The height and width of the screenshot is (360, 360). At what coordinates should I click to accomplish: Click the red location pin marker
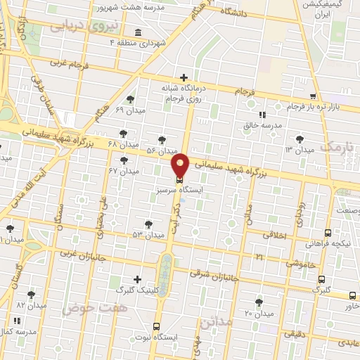pos(181,165)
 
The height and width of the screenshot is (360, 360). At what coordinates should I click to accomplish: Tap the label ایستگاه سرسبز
pos(181,190)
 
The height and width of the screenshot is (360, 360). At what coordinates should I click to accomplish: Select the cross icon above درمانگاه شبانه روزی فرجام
pos(184,77)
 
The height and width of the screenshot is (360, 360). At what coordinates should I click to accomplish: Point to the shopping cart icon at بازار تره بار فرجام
pos(313,96)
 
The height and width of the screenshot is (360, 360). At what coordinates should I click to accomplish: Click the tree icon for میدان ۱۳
pos(301,139)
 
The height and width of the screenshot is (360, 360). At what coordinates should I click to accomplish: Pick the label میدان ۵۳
pos(148,233)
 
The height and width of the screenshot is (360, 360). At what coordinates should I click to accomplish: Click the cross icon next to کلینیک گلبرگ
pos(137,279)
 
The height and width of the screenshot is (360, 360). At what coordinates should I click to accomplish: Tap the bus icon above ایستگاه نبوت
pos(156,326)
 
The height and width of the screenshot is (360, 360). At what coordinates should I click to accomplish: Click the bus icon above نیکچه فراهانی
pos(328,233)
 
